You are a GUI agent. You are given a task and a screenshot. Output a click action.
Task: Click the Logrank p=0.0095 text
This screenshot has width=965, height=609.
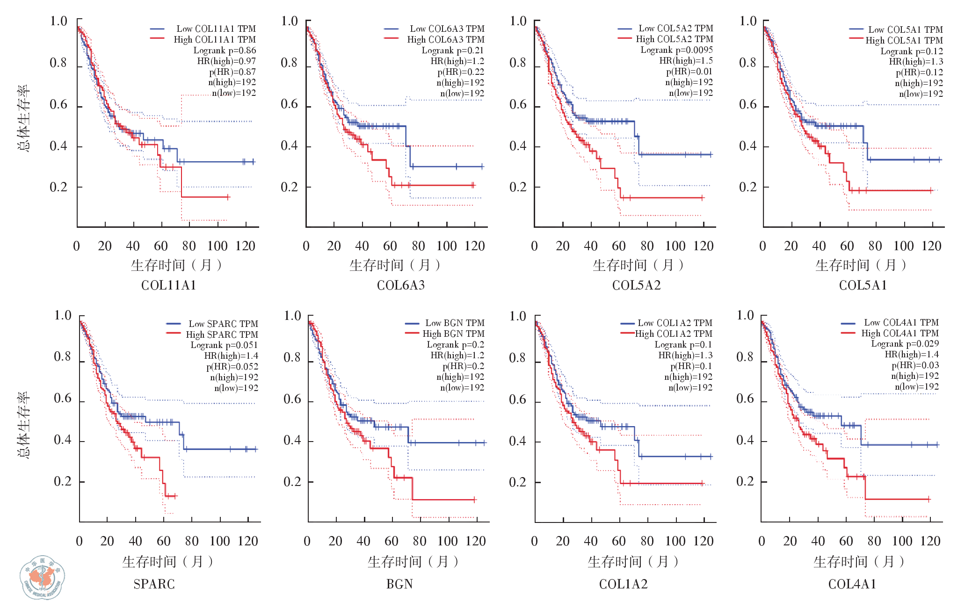pos(676,50)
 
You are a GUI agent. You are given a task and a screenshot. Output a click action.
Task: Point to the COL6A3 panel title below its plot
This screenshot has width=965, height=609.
pos(401,285)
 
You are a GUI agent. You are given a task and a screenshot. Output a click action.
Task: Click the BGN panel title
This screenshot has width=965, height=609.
pos(399,584)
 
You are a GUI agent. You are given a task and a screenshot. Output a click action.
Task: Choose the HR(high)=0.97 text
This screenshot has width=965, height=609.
pos(226,61)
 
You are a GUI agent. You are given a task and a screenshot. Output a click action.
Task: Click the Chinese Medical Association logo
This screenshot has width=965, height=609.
pos(43,577)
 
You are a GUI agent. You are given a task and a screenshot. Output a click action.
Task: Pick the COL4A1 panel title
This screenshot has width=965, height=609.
pos(852,584)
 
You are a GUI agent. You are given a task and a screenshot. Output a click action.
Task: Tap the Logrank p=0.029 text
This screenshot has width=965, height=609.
pos(905,344)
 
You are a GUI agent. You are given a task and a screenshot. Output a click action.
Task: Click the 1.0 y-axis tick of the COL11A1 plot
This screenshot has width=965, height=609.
pos(58,22)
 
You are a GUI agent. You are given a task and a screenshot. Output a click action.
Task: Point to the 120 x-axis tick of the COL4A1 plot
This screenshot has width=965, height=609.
pos(930,541)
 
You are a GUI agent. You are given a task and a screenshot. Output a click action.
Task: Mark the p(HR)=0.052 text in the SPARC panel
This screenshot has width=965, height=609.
pos(232,367)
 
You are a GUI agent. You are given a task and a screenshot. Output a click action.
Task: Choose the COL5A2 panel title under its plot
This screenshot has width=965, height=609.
pos(636,285)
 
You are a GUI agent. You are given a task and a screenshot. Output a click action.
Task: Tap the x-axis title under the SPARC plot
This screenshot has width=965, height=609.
pos(167,561)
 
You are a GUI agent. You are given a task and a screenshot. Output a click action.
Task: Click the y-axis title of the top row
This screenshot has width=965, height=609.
pos(23,118)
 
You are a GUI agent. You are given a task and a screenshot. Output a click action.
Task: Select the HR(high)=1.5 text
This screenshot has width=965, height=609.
pos(686,61)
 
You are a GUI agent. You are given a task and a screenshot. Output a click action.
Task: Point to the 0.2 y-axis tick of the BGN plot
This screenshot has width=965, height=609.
pos(292,482)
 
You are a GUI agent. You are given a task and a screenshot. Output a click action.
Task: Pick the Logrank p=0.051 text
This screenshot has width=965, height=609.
pos(224,345)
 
